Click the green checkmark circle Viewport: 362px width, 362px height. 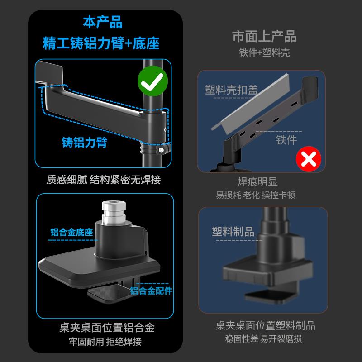pyautogui.click(x=152, y=82)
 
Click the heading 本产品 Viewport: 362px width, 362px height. pyautogui.click(x=103, y=22)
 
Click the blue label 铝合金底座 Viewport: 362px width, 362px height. pyautogui.click(x=71, y=233)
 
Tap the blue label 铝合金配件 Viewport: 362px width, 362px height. pyautogui.click(x=151, y=290)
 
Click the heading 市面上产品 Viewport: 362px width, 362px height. pyautogui.click(x=264, y=36)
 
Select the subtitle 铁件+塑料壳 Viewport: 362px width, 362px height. pyautogui.click(x=264, y=52)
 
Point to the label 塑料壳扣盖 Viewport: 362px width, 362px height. pyautogui.click(x=231, y=90)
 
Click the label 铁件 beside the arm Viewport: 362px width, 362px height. pyautogui.click(x=286, y=140)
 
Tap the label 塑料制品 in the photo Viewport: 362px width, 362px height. pyautogui.click(x=233, y=232)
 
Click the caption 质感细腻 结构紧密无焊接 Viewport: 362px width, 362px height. pyautogui.click(x=103, y=180)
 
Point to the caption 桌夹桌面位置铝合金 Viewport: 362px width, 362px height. pyautogui.click(x=104, y=327)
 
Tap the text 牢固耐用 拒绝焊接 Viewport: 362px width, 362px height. pyautogui.click(x=104, y=341)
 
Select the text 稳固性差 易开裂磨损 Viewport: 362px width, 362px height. pyautogui.click(x=263, y=338)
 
